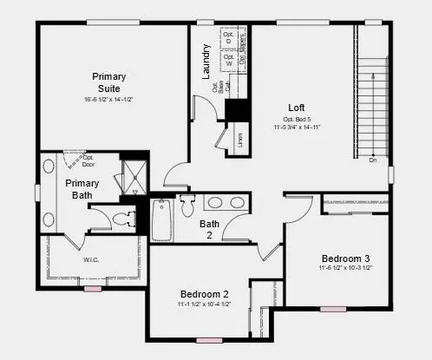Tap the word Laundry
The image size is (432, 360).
coord(206,62)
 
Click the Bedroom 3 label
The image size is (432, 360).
coord(345,259)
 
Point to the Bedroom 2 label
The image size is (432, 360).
coord(204,294)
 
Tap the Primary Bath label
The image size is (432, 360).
coord(82,188)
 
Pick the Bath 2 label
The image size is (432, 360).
coord(209,229)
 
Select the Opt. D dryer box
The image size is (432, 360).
coord(228,40)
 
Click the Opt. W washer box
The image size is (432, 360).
coord(228,61)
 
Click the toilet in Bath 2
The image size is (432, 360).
coord(187,207)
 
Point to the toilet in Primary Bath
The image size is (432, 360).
coord(125,218)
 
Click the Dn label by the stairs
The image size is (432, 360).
coord(372,160)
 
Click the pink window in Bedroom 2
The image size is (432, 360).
coord(208,340)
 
